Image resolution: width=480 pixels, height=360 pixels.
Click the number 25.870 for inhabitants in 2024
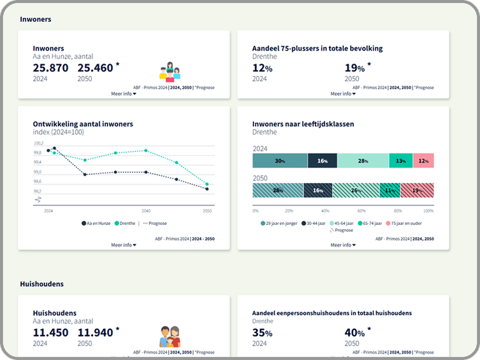coord(51,67)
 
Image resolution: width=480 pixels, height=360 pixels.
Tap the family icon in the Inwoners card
coord(169,71)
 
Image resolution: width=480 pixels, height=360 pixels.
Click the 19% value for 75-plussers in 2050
coord(354,67)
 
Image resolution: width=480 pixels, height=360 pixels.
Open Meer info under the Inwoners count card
coord(123,94)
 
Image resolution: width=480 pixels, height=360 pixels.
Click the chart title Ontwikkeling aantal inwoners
coord(82,124)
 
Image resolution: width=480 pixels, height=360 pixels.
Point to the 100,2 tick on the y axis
coord(37,143)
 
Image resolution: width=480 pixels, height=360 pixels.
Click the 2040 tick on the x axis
coord(146,211)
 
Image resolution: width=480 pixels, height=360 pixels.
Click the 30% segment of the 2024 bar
coord(279,161)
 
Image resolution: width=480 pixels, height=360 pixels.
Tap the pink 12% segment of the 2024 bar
coord(423,161)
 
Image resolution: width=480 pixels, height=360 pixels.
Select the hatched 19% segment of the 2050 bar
coord(417,190)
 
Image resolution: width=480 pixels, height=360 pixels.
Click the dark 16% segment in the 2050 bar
coord(317,190)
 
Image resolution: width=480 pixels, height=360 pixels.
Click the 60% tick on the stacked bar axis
coord(361,211)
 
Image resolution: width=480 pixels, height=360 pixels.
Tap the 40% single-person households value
coord(354,332)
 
